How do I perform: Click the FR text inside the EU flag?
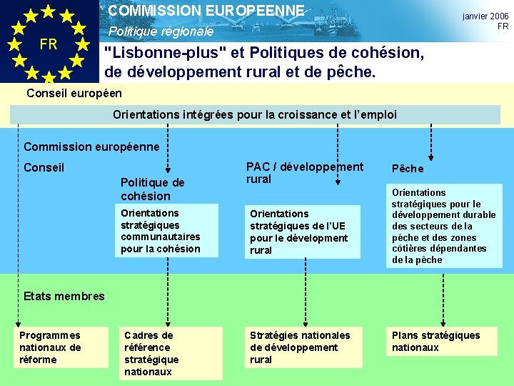click(x=49, y=44)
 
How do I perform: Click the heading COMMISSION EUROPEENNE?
click(x=206, y=11)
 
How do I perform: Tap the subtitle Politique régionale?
click(x=161, y=32)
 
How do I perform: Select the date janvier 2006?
click(x=485, y=16)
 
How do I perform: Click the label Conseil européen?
click(x=74, y=93)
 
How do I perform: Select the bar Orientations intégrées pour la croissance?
click(x=255, y=114)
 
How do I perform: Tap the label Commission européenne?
click(x=91, y=147)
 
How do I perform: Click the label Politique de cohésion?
click(x=153, y=189)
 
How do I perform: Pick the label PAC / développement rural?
click(x=305, y=173)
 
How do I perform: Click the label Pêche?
click(x=407, y=169)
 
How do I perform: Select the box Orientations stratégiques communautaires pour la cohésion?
click(x=161, y=231)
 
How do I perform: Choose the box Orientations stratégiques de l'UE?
click(x=298, y=232)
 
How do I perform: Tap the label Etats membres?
click(x=64, y=296)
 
